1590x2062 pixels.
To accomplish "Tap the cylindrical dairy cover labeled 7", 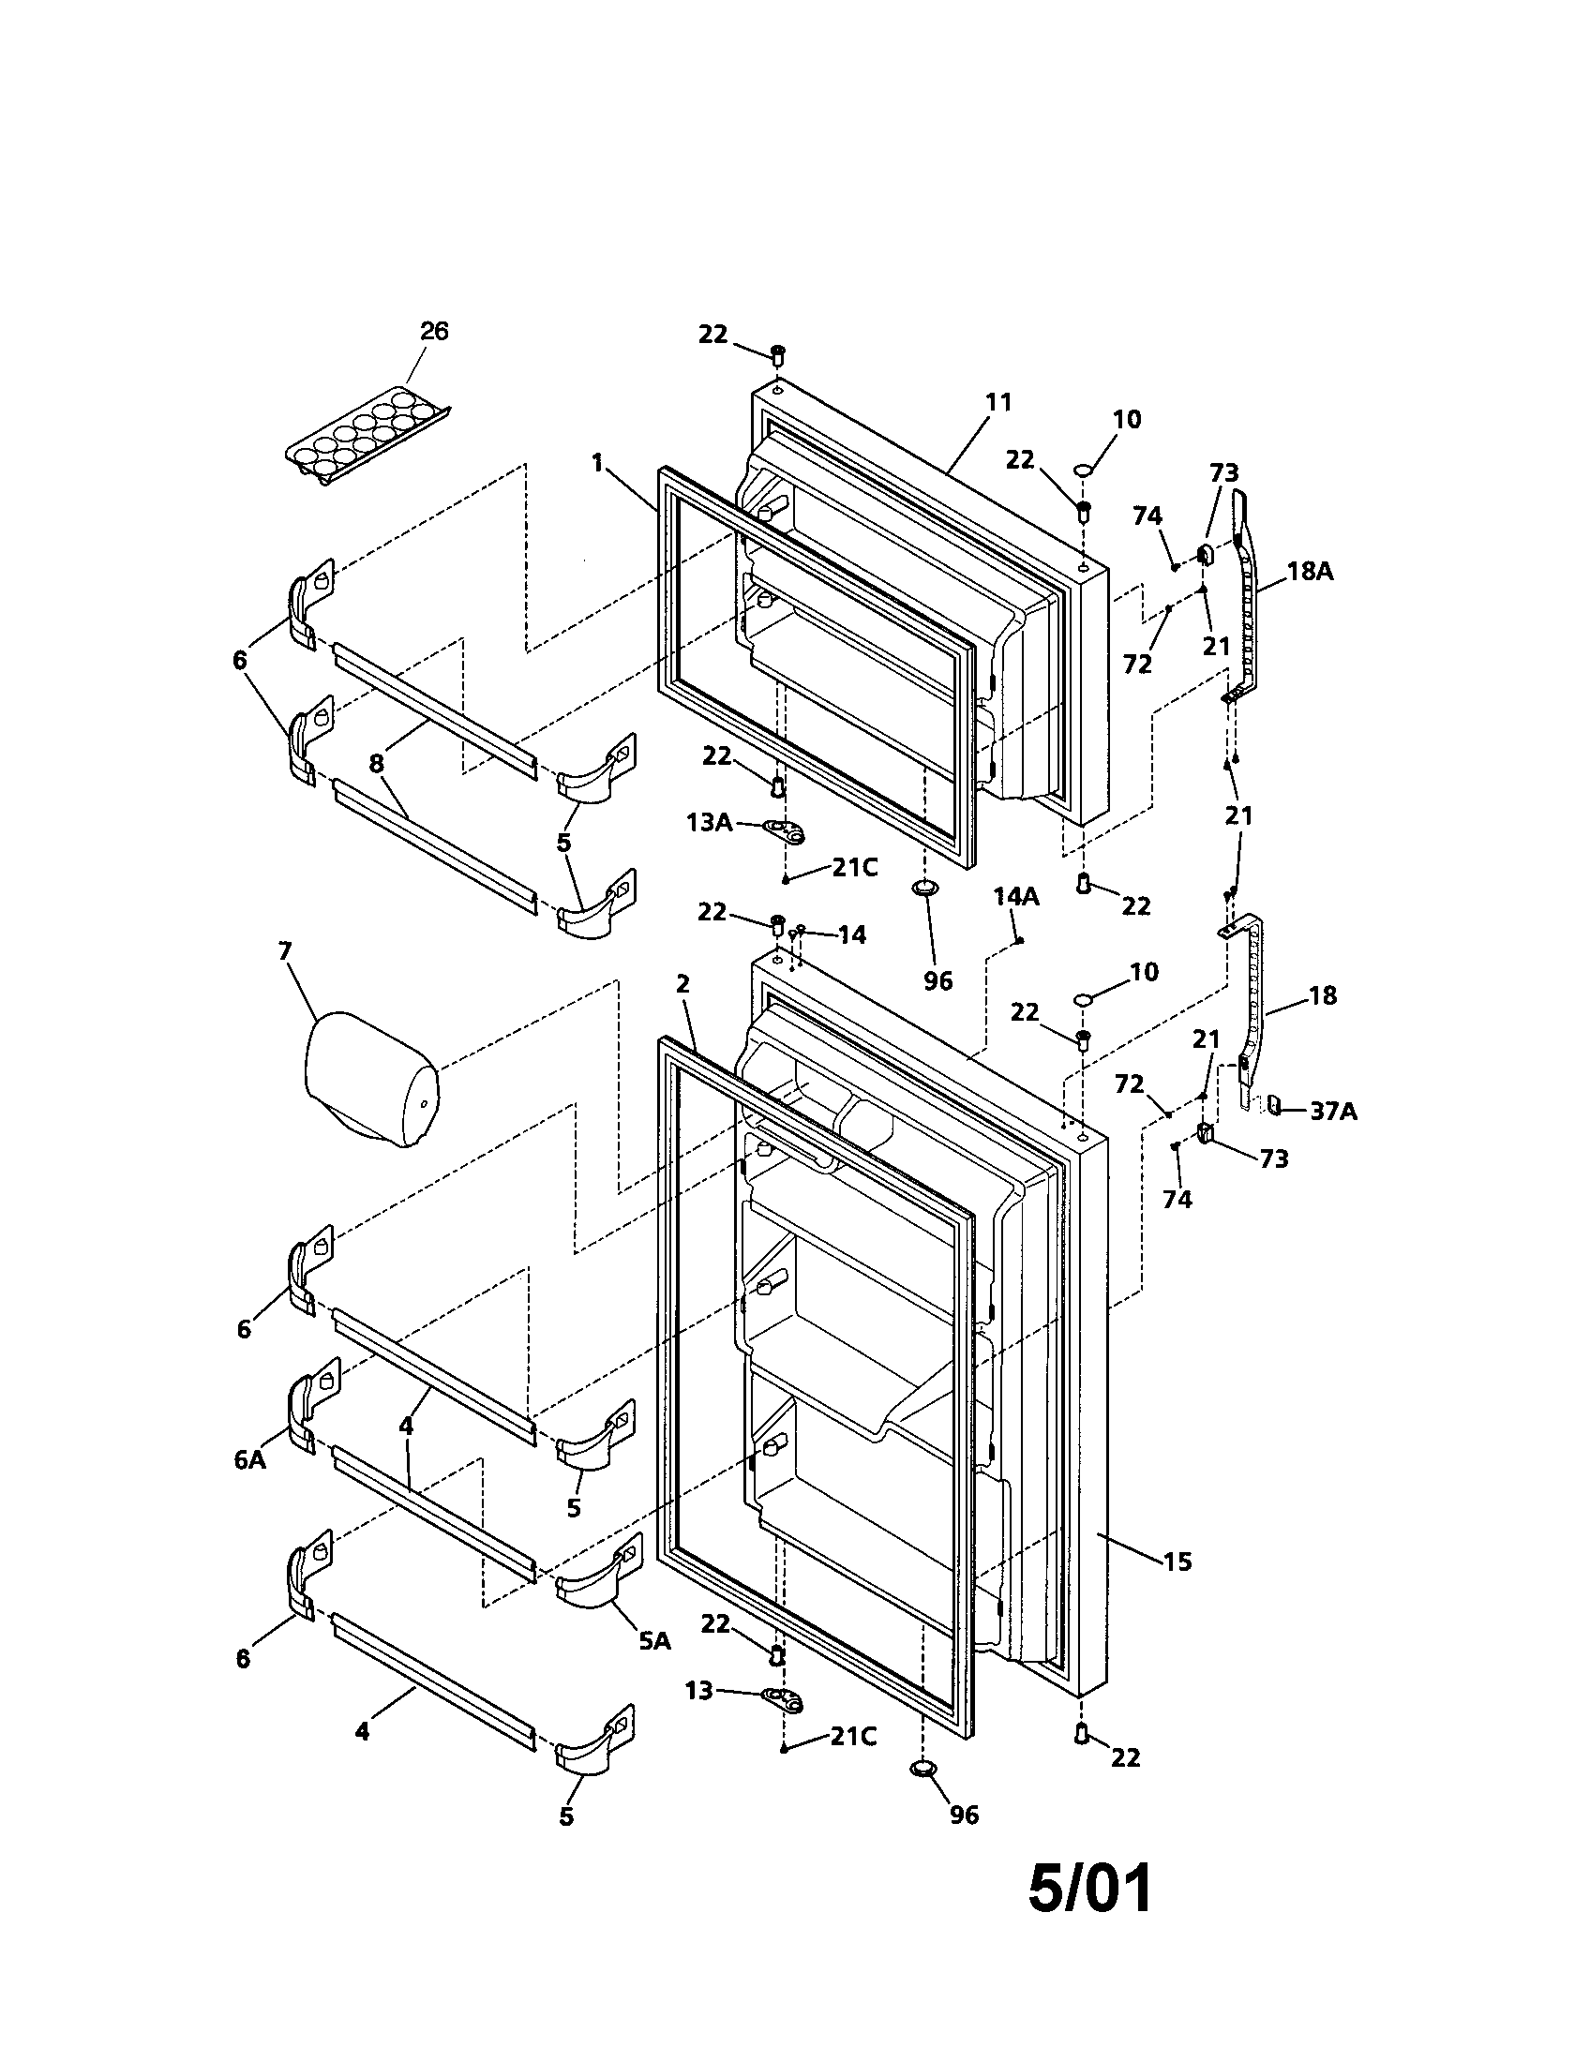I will pos(370,1077).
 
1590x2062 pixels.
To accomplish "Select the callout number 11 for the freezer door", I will pos(998,402).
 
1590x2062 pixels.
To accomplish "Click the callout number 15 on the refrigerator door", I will pos(1177,1561).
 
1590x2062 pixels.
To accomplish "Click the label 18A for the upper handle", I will pos(1310,570).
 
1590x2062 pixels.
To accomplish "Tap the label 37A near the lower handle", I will pos(1333,1112).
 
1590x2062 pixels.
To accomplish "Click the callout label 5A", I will pos(654,1640).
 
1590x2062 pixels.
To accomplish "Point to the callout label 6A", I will pos(250,1459).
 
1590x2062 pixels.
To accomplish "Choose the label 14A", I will pos(1016,896).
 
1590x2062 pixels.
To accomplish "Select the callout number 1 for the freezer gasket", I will pos(597,463).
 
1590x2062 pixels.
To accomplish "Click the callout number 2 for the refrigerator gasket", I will pos(683,984).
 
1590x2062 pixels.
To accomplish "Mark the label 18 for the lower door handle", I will pos(1323,995).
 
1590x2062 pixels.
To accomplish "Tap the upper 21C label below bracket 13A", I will pos(854,868).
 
